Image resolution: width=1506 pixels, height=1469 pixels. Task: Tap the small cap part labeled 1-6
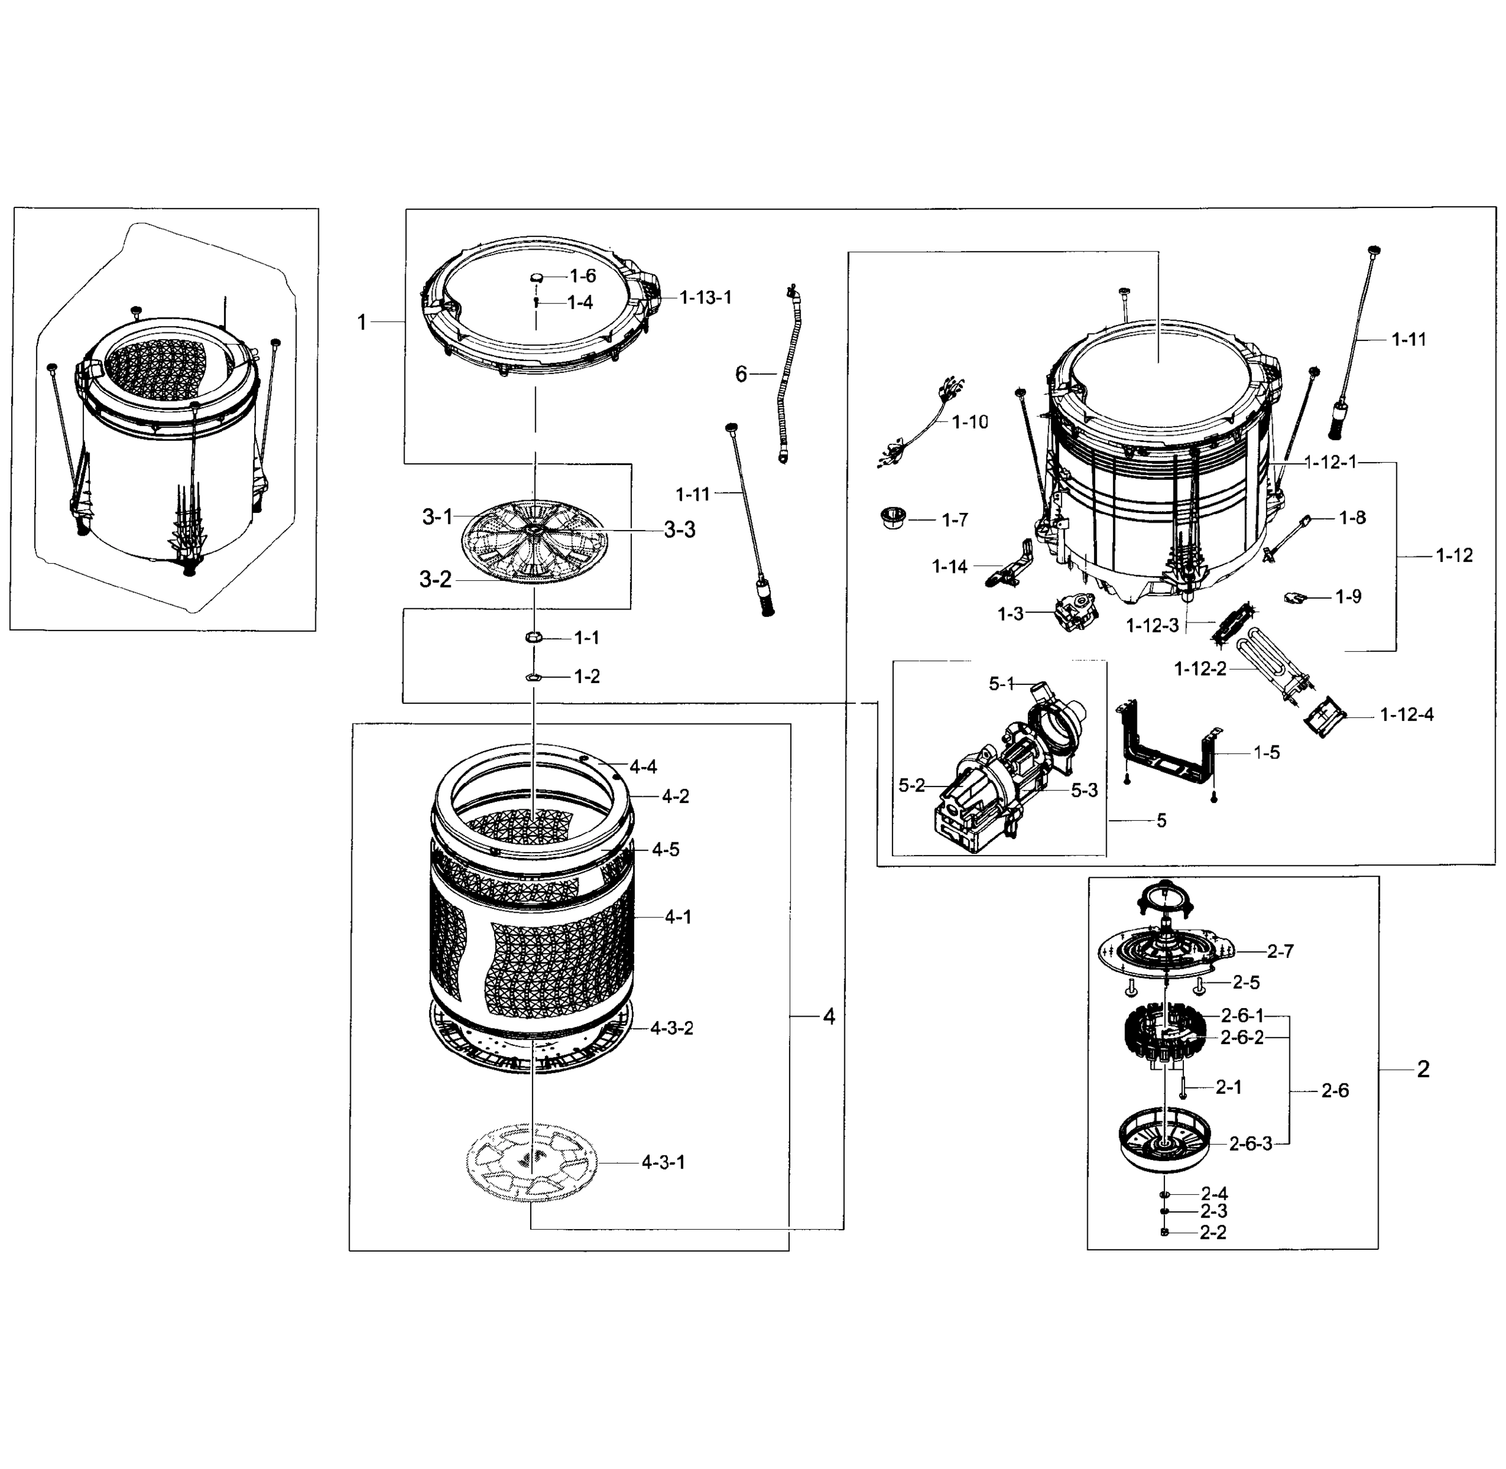538,278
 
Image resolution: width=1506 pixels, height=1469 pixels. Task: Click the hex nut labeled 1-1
533,637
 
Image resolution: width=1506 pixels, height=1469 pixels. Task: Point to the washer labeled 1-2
533,676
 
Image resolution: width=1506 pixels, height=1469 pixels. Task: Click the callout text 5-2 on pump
911,785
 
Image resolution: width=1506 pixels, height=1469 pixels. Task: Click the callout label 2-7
1280,951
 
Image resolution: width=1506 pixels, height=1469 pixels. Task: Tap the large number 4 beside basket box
829,1017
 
